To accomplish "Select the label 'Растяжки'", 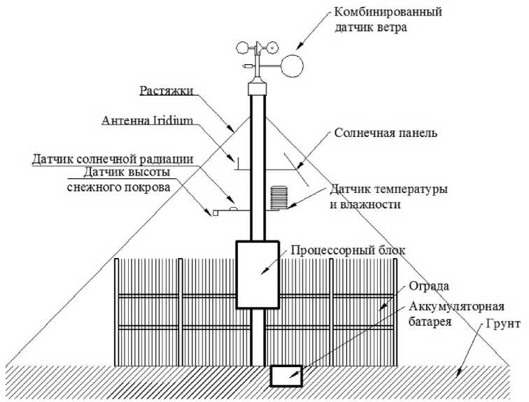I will (x=166, y=91).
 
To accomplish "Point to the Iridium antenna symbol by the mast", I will (x=238, y=162).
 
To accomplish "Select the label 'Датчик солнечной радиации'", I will (x=112, y=159).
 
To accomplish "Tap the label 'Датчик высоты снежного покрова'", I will (x=125, y=179).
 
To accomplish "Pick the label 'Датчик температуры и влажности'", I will (x=386, y=196).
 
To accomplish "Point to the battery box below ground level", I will (x=285, y=375).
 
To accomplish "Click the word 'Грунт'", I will (x=497, y=323).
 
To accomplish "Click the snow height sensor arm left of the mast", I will (x=224, y=208).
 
